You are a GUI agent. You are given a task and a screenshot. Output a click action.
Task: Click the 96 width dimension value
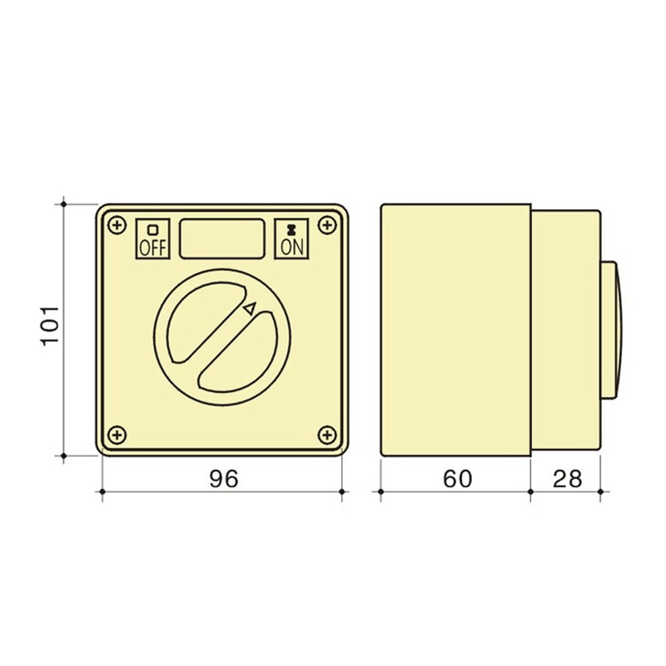(x=223, y=479)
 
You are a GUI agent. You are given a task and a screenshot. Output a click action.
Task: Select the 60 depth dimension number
(x=457, y=479)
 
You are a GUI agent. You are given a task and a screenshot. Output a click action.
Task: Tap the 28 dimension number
(x=566, y=479)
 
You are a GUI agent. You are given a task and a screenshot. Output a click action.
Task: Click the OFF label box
(x=152, y=239)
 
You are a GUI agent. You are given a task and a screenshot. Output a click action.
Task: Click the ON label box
(x=291, y=239)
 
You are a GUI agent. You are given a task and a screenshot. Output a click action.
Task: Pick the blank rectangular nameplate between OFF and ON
(x=222, y=238)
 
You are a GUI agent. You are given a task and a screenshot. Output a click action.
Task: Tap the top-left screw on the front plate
(x=117, y=225)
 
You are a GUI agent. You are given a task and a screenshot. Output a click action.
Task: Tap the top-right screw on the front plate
(x=328, y=225)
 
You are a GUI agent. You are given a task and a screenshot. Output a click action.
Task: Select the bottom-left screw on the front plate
(x=117, y=434)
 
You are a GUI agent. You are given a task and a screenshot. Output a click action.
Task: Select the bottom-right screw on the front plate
(x=327, y=434)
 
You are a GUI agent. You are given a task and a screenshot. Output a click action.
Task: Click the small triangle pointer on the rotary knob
(x=249, y=309)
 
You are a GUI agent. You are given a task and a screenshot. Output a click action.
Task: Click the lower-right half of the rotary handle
(x=241, y=354)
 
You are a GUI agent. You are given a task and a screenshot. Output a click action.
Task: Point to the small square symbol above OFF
(x=152, y=228)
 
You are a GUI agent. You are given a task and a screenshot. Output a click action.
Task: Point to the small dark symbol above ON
(x=291, y=228)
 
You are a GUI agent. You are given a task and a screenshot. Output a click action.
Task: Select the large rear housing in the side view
(x=456, y=329)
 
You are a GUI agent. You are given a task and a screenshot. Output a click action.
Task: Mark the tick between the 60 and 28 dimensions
(x=531, y=492)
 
